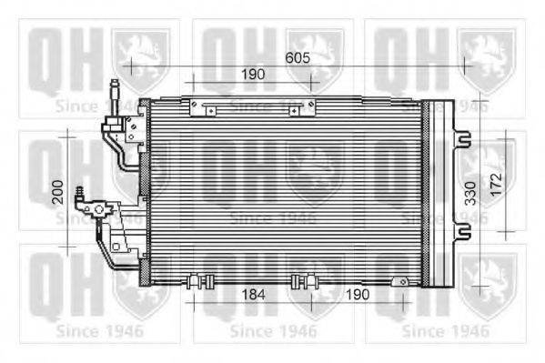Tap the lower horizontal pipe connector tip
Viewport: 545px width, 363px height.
coord(80,194)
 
